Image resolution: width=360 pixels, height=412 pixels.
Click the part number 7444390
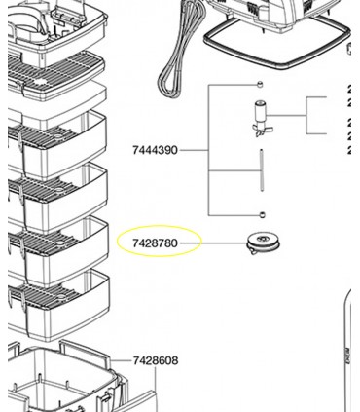(155, 150)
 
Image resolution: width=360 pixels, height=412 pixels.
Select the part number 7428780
(155, 243)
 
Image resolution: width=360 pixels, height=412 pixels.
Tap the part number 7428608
(156, 360)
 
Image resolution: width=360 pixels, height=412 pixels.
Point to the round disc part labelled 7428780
(263, 243)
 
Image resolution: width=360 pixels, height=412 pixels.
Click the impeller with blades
(261, 119)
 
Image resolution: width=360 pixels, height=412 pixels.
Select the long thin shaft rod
(262, 170)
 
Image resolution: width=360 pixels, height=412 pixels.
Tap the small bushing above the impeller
(260, 85)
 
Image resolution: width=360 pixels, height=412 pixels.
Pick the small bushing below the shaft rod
(262, 214)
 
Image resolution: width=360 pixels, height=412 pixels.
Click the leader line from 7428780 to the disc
(213, 243)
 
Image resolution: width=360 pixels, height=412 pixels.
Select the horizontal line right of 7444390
(194, 150)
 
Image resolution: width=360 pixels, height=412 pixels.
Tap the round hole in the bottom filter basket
(60, 296)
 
